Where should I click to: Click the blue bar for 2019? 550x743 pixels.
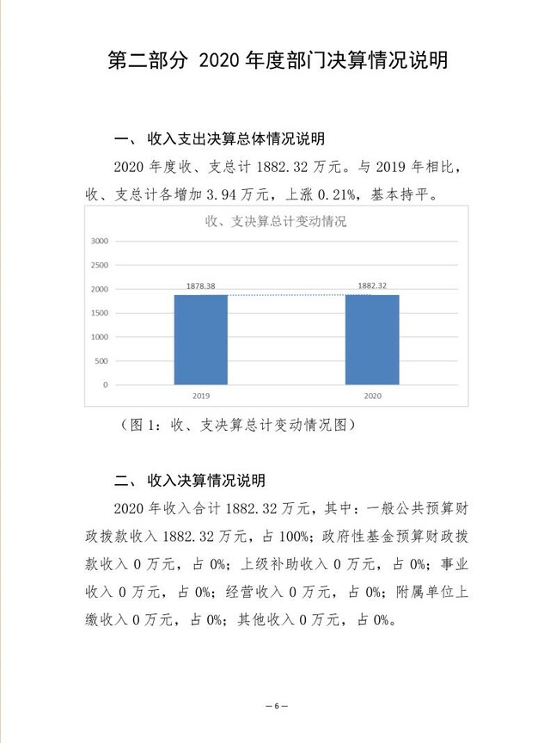[201, 339]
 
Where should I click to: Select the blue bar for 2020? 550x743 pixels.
[372, 339]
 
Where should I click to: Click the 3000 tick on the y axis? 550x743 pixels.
[100, 242]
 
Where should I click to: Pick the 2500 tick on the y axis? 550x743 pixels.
[100, 266]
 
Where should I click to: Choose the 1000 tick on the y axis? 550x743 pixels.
[100, 337]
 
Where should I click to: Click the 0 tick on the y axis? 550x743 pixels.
[105, 385]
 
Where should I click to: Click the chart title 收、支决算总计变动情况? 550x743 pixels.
[276, 221]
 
